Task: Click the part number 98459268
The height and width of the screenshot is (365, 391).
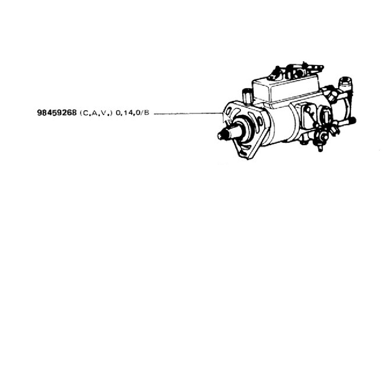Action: click(57, 113)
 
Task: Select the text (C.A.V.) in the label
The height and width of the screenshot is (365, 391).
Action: click(96, 113)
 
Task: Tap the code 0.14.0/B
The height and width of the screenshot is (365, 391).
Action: click(132, 113)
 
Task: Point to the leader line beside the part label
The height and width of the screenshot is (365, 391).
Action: click(188, 114)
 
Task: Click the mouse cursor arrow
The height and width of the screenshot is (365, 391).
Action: click(226, 118)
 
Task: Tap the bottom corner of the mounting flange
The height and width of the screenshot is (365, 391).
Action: click(247, 159)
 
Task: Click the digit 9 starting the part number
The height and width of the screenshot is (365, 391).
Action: click(39, 113)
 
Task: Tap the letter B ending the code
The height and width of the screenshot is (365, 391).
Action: click(147, 113)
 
